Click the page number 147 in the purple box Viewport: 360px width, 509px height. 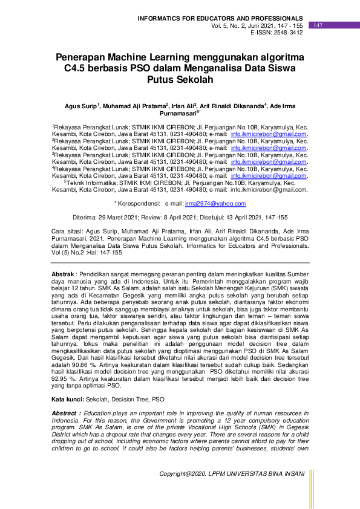coord(318,25)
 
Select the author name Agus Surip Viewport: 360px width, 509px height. coord(80,106)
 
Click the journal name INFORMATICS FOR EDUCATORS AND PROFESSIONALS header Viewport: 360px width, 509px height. coord(221,19)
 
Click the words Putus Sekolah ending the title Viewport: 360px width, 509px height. coord(180,80)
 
